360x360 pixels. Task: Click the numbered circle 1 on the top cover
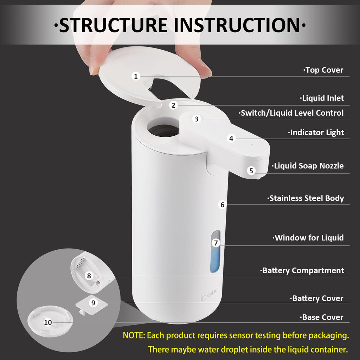point(136,76)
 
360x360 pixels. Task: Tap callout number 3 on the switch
point(197,119)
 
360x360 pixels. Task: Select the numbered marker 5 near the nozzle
point(251,171)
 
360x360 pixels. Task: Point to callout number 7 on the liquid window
point(216,243)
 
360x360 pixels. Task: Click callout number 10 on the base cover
point(48,322)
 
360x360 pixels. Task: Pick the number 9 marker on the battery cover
point(93,303)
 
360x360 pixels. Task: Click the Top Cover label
point(323,70)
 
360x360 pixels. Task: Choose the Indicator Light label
point(316,133)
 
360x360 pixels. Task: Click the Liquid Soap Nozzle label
point(308,166)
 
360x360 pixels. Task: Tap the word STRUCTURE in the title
point(113,25)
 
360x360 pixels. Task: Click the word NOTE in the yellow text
point(133,335)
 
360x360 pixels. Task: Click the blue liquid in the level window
point(215,262)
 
